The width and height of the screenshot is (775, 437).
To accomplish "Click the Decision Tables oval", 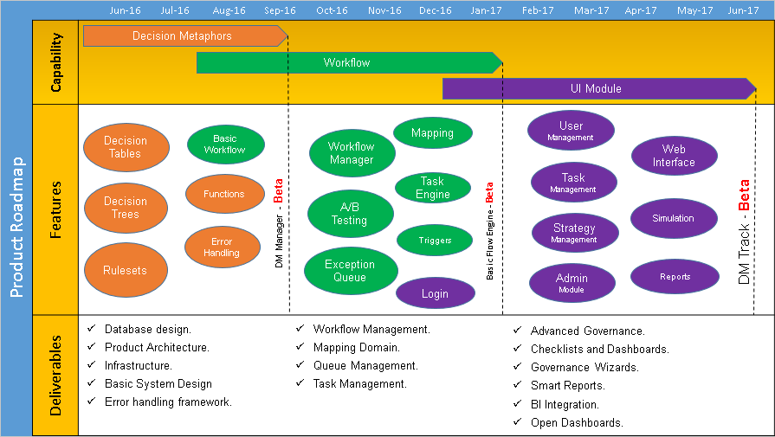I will [126, 147].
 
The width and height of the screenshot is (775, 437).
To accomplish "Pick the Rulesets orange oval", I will [126, 270].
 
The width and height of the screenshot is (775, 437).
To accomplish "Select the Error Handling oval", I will [223, 247].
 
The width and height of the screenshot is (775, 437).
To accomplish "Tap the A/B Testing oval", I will [349, 214].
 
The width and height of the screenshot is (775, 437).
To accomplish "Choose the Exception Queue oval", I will [350, 271].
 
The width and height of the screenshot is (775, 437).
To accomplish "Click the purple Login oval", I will [435, 293].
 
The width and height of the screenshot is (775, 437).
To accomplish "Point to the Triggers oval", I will [435, 241].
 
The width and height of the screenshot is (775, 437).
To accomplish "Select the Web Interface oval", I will [674, 156].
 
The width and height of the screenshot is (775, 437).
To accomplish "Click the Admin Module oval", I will [572, 283].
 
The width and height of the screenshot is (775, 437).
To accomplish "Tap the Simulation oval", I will [674, 218].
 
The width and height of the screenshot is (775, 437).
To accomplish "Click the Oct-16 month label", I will [332, 10].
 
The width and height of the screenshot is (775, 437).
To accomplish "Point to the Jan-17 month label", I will [485, 10].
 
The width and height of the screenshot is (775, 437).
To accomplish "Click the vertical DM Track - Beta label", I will [744, 232].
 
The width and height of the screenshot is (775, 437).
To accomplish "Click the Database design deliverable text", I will [148, 330].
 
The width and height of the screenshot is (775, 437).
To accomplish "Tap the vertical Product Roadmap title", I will [16, 228].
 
